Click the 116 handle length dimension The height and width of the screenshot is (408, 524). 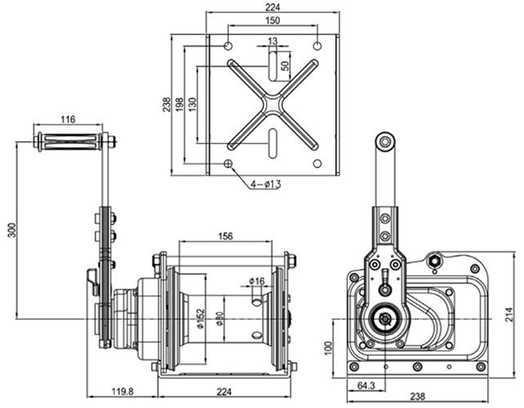pos(68,120)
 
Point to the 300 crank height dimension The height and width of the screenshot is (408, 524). pos(11,231)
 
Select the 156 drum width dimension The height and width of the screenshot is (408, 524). pos(226,236)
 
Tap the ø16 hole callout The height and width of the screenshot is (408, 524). pos(259,282)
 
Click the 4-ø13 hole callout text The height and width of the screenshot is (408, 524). pos(264,184)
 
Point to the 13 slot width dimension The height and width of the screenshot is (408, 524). pos(273,41)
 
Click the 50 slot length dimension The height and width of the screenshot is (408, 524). pos(285,65)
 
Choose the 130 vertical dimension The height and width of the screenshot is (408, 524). pos(192,106)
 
